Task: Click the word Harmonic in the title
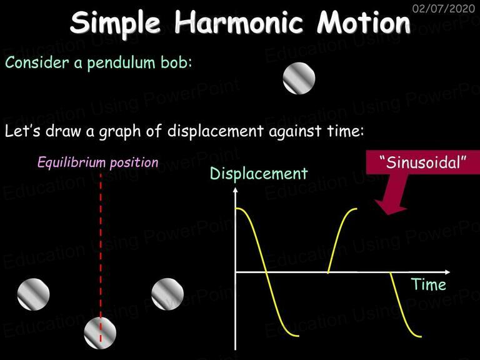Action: coord(239,22)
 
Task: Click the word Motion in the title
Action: coord(363,22)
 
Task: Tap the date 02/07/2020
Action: coord(444,8)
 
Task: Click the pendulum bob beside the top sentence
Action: coord(299,78)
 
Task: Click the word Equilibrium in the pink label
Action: coord(72,162)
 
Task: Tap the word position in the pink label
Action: coord(134,162)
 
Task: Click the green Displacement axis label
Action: coord(259,174)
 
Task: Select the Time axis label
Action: coord(428,284)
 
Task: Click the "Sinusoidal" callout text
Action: coord(422,162)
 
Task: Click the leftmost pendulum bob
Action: coord(33,294)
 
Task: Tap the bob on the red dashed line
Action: coord(100,332)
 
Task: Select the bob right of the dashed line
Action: coord(167,294)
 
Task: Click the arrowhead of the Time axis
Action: coord(447,272)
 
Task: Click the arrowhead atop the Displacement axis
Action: coord(235,190)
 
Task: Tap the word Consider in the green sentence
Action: coord(37,62)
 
